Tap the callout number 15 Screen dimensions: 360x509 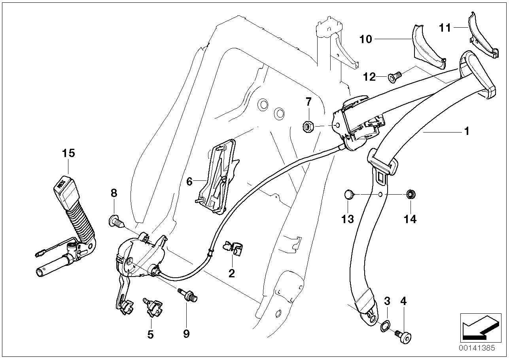tap(68, 153)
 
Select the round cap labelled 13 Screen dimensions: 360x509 tap(348, 194)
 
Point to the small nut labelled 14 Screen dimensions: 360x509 tap(410, 194)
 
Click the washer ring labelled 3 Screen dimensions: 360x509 tap(385, 326)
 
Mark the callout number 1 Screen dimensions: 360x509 tap(467, 131)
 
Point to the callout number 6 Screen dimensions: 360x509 tap(189, 182)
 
